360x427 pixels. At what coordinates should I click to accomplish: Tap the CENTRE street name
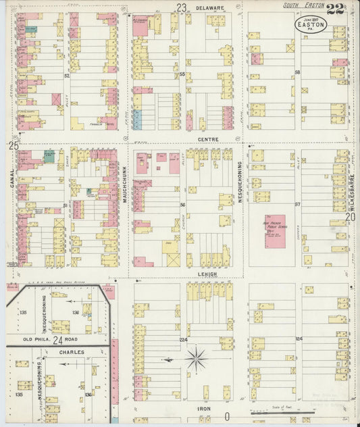click(207, 139)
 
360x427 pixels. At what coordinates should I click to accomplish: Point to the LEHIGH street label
click(207, 274)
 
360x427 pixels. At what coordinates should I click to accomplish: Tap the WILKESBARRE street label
click(353, 182)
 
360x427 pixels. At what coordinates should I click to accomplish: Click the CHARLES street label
click(71, 352)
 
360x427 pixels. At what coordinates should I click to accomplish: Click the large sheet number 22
click(334, 9)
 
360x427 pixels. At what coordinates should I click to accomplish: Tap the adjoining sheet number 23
click(181, 8)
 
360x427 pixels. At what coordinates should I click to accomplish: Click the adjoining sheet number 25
click(13, 145)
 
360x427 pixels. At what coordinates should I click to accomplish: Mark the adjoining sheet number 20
click(351, 217)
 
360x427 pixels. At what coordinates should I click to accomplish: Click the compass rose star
click(197, 358)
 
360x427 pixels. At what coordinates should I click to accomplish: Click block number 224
click(182, 339)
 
